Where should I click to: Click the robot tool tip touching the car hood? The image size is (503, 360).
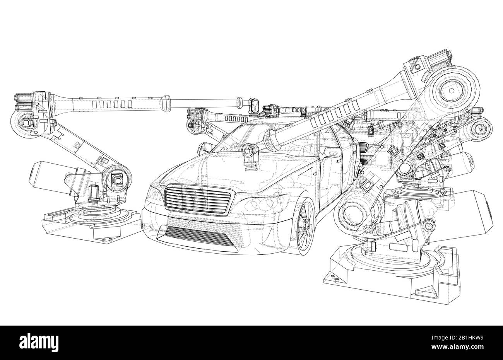248,164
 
